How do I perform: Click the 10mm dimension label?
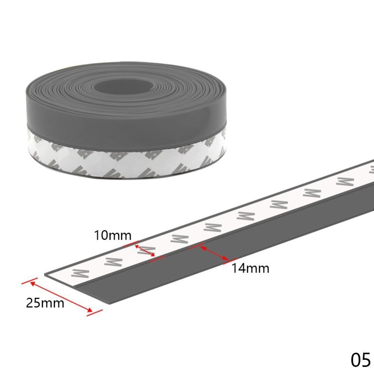pyautogui.click(x=113, y=236)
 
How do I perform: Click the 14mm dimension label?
pyautogui.click(x=250, y=268)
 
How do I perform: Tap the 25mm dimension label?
pyautogui.click(x=45, y=303)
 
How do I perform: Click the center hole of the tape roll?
pyautogui.click(x=119, y=90)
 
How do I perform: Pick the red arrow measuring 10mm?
pyautogui.click(x=145, y=251)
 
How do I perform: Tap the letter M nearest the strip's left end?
pyautogui.click(x=79, y=272)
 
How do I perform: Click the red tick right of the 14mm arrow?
pyautogui.click(x=231, y=261)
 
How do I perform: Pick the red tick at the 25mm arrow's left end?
pyautogui.click(x=29, y=281)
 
